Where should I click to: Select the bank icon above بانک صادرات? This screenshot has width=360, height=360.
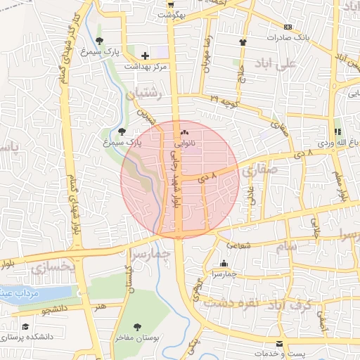click(288, 26)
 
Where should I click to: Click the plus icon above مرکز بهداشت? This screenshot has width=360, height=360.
click(145, 55)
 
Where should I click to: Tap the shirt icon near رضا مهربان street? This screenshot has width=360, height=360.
click(243, 41)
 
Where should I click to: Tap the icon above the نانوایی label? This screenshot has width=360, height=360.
click(185, 131)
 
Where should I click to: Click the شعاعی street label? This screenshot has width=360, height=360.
click(240, 245)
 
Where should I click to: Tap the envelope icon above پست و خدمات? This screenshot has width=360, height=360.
click(280, 342)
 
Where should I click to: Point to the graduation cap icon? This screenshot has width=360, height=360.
click(26, 327)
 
